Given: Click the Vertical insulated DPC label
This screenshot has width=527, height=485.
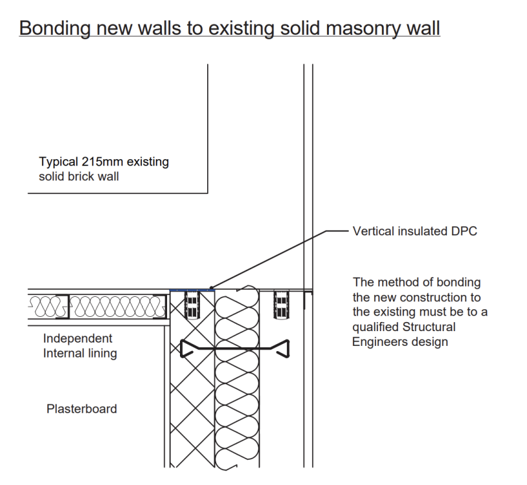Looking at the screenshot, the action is click(415, 232).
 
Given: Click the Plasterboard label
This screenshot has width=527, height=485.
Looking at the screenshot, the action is click(82, 409).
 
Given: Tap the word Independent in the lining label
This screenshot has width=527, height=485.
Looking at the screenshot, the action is click(78, 339).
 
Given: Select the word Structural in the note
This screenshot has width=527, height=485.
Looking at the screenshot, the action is click(429, 327).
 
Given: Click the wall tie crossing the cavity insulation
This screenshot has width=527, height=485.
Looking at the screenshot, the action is click(235, 349).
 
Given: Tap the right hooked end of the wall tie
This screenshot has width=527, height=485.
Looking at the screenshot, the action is click(285, 349).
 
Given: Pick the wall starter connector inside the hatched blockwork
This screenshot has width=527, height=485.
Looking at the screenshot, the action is click(192, 305).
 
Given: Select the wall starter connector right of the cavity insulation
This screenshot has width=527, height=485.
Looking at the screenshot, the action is click(282, 305).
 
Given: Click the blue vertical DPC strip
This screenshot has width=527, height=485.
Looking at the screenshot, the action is click(192, 290).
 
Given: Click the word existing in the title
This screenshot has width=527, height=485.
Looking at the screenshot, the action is click(241, 28).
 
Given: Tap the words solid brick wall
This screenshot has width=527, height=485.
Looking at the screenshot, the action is click(78, 177).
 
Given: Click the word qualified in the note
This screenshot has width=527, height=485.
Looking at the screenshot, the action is click(376, 327).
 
